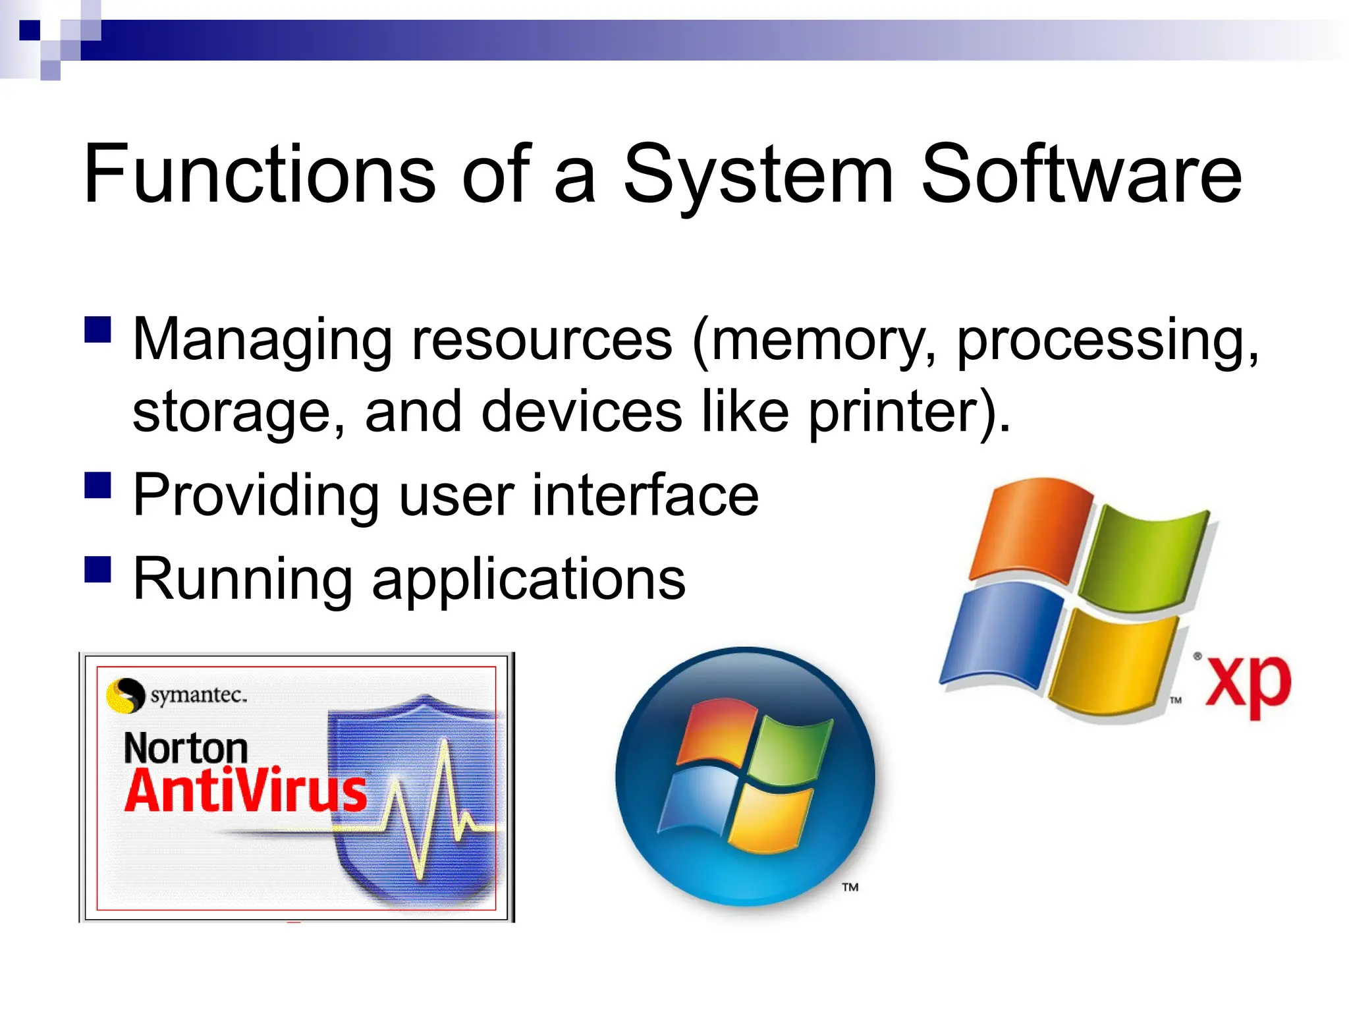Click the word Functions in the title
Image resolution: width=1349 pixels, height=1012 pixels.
(x=259, y=175)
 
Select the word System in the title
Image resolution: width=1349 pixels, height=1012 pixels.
(x=757, y=175)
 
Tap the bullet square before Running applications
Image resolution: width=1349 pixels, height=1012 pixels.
(x=97, y=569)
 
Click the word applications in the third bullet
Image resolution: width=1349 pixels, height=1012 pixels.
(x=528, y=580)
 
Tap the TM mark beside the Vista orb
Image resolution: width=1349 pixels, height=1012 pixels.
(x=850, y=887)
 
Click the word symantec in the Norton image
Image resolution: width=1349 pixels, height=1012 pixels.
(x=198, y=695)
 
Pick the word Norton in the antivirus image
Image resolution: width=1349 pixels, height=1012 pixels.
(x=186, y=749)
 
